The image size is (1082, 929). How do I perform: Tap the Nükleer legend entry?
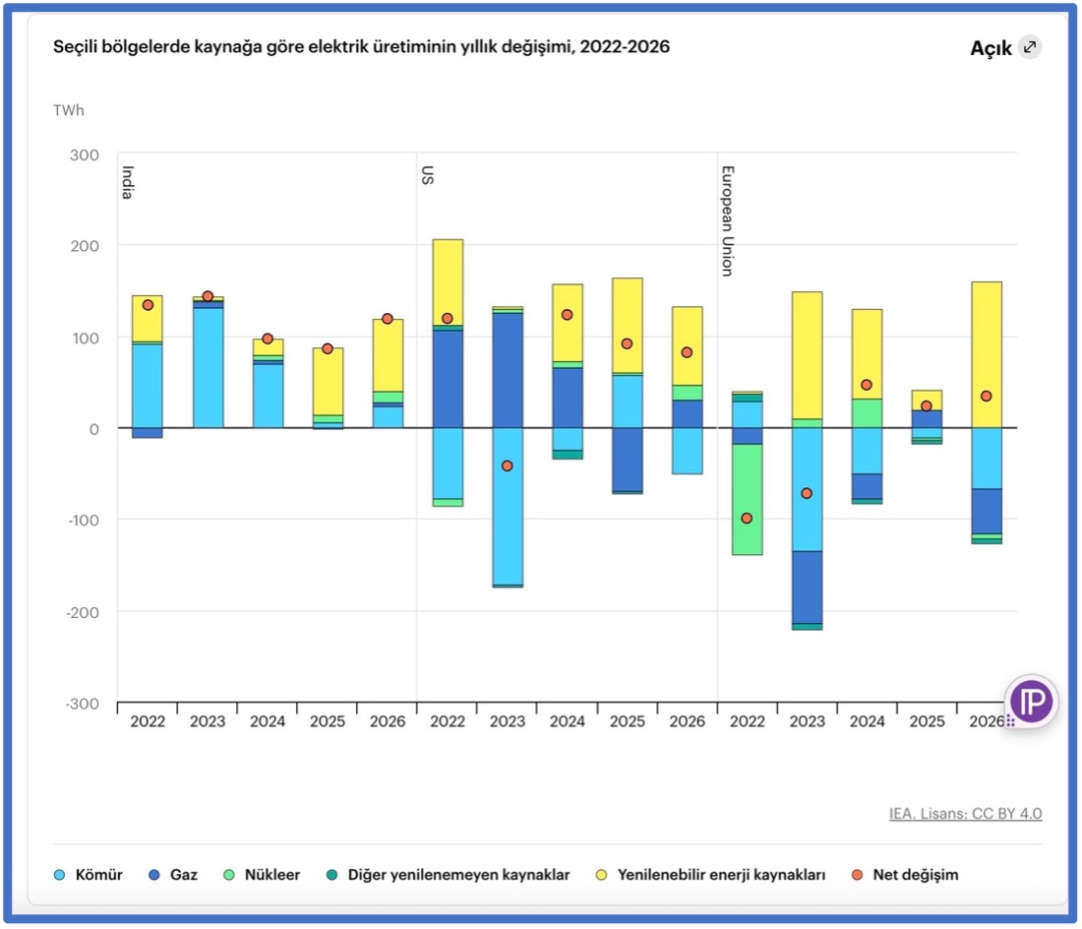coord(264,874)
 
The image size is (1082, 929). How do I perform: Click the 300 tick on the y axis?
coord(85,155)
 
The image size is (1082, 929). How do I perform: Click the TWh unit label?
coord(69,110)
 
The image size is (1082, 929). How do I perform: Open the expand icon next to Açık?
coord(1029,46)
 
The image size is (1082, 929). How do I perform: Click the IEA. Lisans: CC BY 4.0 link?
coord(965,813)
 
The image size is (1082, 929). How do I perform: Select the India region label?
coord(128,182)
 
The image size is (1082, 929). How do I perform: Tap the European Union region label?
coord(728,219)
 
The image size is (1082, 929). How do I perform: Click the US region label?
coord(428,174)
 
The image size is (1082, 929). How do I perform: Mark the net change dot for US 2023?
coord(508,465)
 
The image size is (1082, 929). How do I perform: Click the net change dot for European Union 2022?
coord(747,518)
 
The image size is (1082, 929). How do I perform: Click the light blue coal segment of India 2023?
coord(208,368)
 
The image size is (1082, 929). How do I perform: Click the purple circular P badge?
coord(1031,702)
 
